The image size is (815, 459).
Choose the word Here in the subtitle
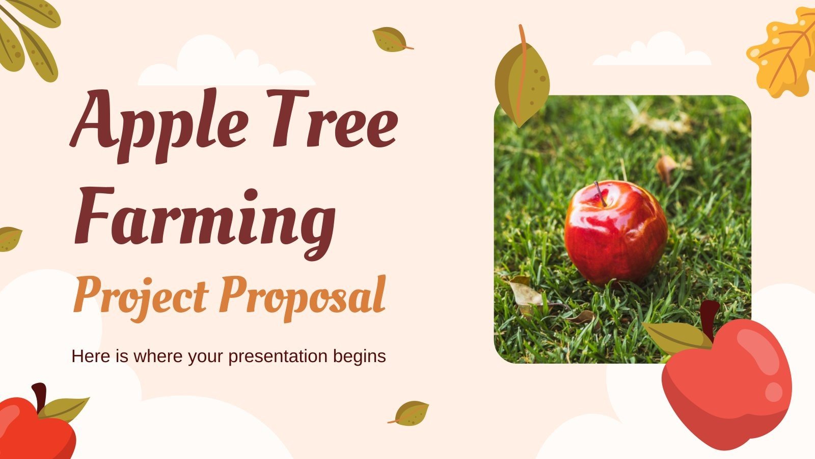(90, 356)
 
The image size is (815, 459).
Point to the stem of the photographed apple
(600, 193)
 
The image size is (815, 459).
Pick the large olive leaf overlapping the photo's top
(522, 82)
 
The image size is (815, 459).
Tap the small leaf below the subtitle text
(411, 413)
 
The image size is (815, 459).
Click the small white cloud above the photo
(652, 51)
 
